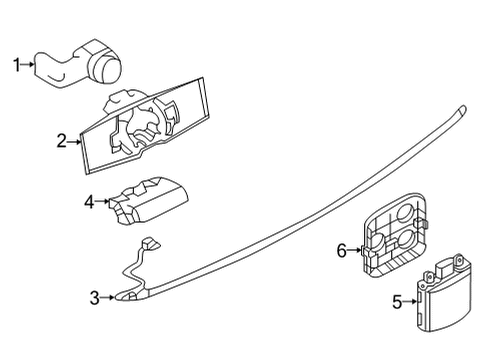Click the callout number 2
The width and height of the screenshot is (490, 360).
coord(62,142)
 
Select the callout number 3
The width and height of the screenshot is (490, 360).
coord(94,297)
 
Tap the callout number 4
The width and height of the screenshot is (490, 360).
coord(89,202)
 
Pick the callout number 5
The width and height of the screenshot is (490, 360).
coord(397,300)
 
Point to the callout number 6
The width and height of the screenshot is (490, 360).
coord(341,250)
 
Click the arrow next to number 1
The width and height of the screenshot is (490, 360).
coord(29,66)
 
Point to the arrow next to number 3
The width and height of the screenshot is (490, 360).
coord(108,297)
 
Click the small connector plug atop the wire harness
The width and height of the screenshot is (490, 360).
coord(151,241)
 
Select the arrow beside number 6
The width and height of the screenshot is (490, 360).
coord(354,250)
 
